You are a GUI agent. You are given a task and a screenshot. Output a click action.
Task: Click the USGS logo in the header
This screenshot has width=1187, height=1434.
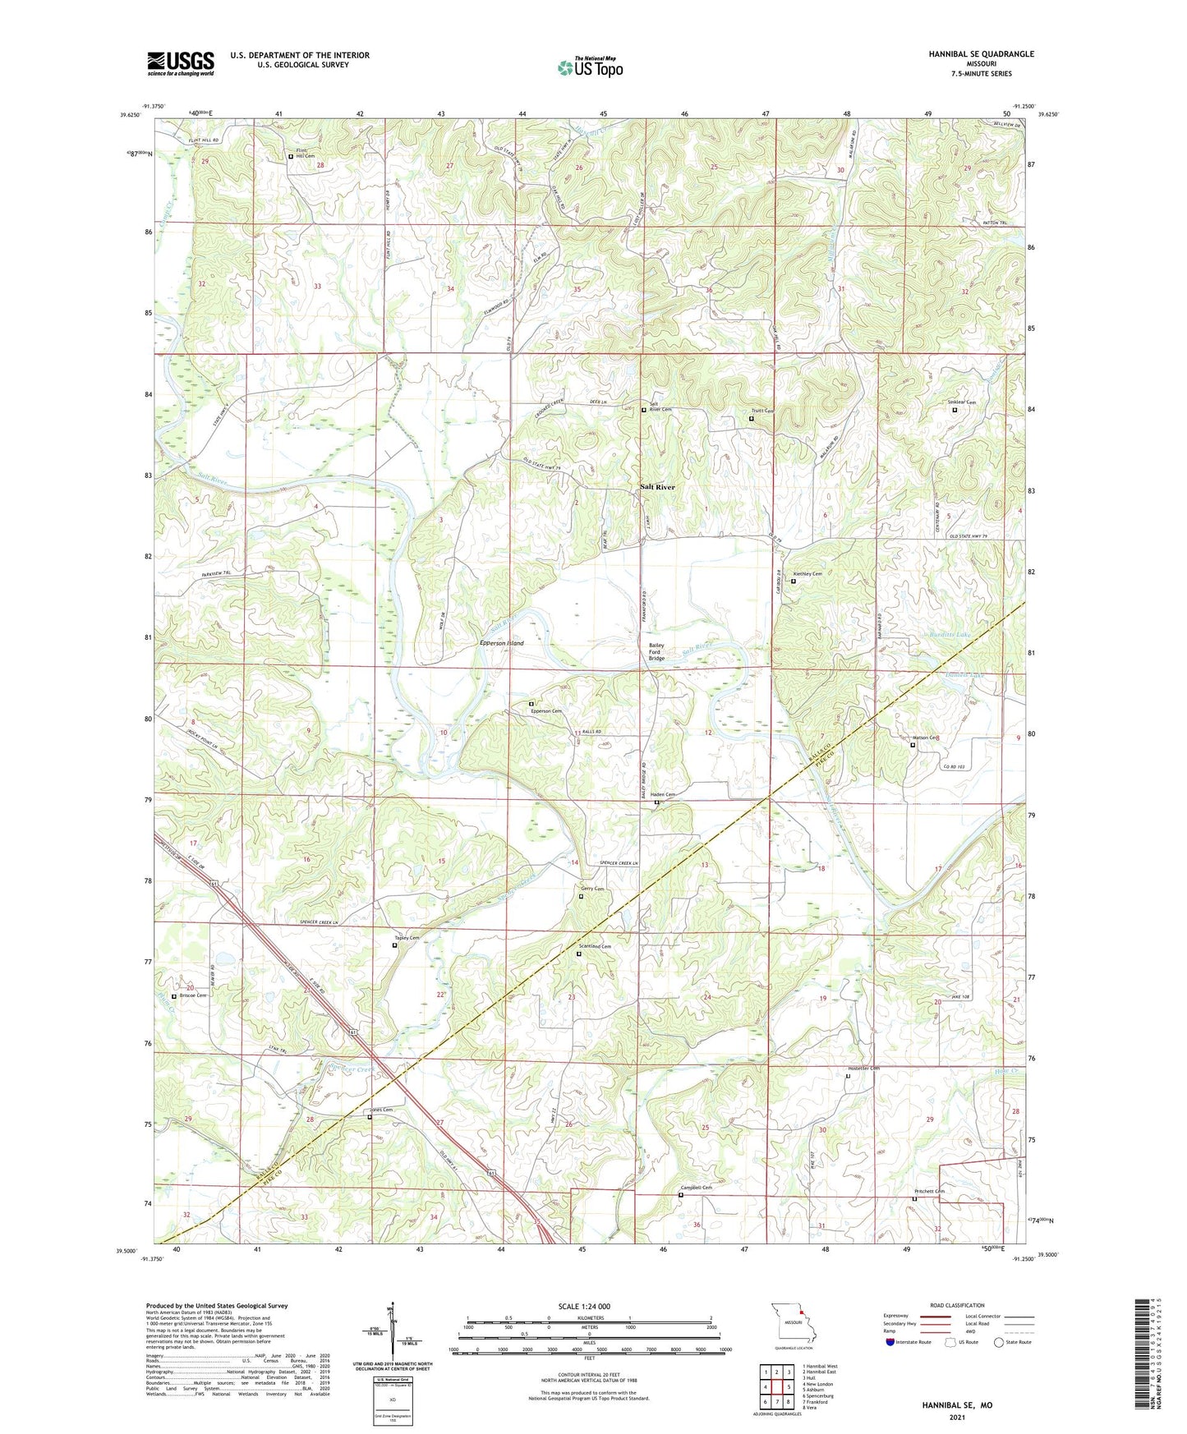pyautogui.click(x=181, y=63)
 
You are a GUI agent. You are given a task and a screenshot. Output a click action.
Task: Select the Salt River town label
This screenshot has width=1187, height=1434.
pyautogui.click(x=657, y=487)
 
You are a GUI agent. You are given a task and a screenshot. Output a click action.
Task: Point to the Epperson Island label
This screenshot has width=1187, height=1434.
pyautogui.click(x=502, y=643)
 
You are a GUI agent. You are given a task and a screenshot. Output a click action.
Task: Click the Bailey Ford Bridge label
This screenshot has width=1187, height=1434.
pyautogui.click(x=656, y=652)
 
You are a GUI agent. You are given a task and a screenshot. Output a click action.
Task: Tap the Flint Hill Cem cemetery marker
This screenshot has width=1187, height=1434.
pyautogui.click(x=291, y=156)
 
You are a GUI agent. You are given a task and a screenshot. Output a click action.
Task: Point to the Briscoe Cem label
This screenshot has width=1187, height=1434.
pyautogui.click(x=191, y=995)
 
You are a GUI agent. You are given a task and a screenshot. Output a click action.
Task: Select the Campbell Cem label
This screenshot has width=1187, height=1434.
pyautogui.click(x=696, y=1188)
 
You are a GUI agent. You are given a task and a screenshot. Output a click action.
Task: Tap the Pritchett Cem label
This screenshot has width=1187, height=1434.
pyautogui.click(x=929, y=1191)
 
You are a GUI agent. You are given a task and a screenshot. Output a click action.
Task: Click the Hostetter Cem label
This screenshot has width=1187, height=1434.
pyautogui.click(x=863, y=1069)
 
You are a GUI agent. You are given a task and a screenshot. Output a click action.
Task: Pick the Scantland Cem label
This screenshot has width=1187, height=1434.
pyautogui.click(x=595, y=946)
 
